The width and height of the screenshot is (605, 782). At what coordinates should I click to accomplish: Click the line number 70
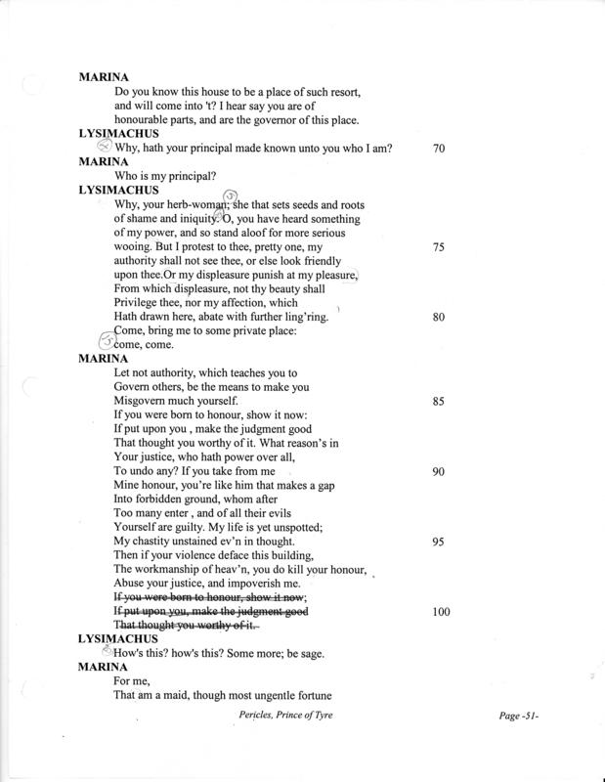tap(438, 149)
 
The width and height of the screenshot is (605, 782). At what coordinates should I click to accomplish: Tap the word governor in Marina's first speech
tap(276, 120)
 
